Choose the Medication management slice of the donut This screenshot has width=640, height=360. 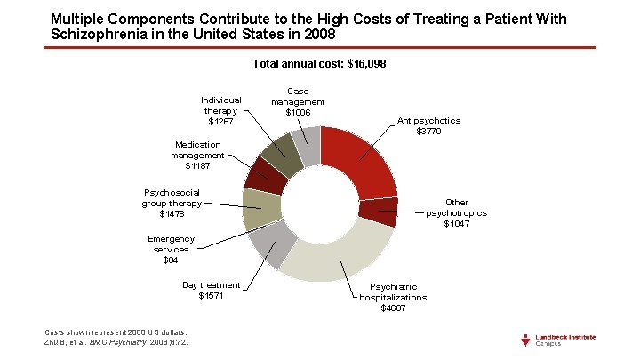click(266, 175)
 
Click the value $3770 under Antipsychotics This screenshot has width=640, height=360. click(428, 132)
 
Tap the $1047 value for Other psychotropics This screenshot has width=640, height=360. click(457, 224)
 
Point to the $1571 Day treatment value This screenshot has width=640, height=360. click(212, 296)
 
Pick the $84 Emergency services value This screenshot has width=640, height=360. click(171, 260)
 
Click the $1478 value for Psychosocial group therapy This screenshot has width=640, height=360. click(172, 214)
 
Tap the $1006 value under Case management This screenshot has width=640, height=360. click(298, 113)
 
